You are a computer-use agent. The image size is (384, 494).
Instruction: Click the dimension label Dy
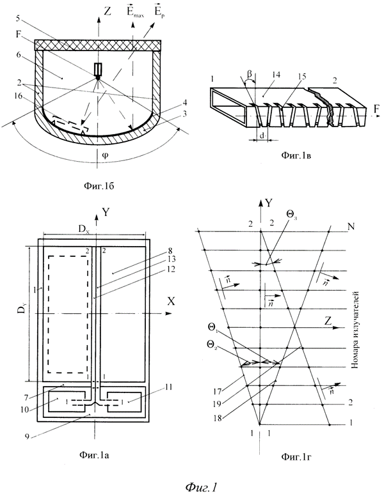pos(19,313)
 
